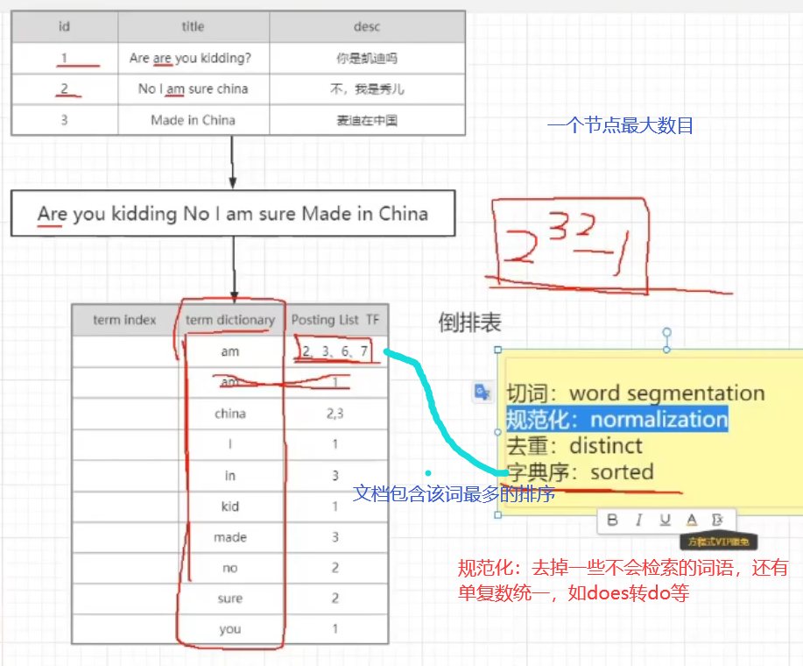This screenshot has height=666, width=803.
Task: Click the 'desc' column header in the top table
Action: (x=368, y=27)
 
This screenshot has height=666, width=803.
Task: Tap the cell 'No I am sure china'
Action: (x=193, y=89)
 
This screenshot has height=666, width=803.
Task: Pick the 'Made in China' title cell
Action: (x=193, y=120)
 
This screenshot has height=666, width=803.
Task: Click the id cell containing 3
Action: (x=64, y=120)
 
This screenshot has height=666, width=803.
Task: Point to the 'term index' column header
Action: (x=124, y=320)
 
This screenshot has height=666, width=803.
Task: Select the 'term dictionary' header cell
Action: (x=230, y=320)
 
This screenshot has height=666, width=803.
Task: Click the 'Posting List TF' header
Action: (x=336, y=320)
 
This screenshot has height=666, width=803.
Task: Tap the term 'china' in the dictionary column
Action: (x=230, y=414)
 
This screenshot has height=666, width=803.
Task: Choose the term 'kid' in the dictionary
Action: (x=230, y=507)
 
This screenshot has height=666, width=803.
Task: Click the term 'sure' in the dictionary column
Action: (x=230, y=599)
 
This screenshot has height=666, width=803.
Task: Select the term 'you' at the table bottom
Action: (x=230, y=629)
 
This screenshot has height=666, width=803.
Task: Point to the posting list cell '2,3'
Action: (x=335, y=414)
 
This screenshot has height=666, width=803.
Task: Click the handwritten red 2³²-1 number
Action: (x=569, y=245)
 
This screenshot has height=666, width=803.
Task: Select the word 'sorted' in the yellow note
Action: (x=622, y=471)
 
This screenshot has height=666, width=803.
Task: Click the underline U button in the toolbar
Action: (x=665, y=521)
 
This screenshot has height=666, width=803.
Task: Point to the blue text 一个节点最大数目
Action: (x=620, y=125)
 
